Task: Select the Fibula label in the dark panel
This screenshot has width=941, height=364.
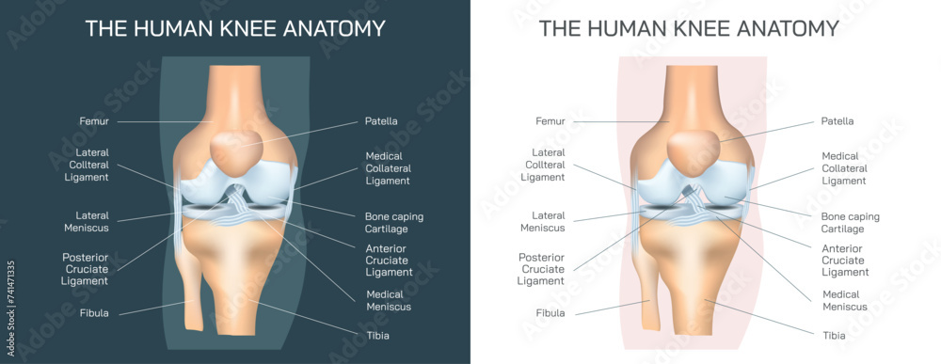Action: point(93,313)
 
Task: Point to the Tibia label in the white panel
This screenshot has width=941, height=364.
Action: point(835,336)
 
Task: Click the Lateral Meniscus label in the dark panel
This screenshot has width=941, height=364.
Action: point(86,221)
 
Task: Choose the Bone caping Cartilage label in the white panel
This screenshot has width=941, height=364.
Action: point(850,222)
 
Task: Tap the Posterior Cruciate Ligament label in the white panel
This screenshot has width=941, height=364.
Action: point(542,268)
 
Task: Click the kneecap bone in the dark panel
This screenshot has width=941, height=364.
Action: point(238,149)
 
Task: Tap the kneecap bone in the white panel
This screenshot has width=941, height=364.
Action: point(694,149)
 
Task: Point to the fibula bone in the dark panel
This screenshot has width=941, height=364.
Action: point(193,301)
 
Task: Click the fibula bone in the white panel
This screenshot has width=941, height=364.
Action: point(648,301)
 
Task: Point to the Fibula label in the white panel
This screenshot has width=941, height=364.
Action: point(550,313)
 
